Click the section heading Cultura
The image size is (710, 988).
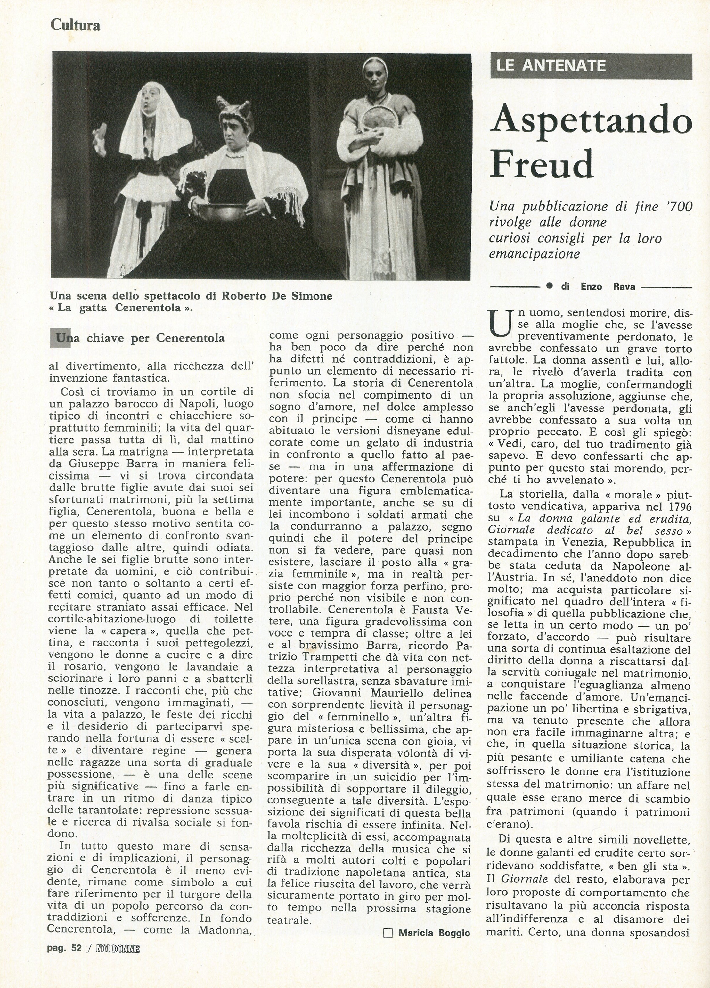pos(75,25)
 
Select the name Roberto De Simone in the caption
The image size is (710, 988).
pos(277,296)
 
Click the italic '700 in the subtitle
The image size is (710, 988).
pos(679,206)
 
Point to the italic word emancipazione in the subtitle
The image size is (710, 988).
pos(534,254)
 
